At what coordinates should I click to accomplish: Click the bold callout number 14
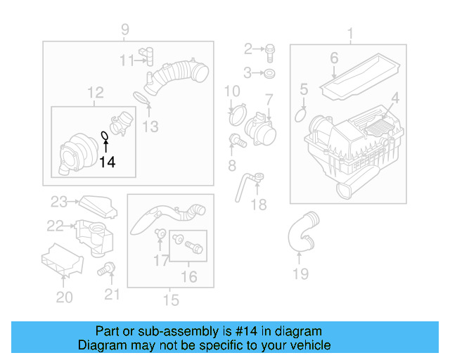pyautogui.click(x=107, y=162)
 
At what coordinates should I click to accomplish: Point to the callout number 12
pyautogui.click(x=95, y=92)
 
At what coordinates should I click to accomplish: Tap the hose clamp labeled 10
pyautogui.click(x=237, y=111)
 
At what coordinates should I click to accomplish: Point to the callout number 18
pyautogui.click(x=259, y=205)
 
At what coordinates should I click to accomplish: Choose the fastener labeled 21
pyautogui.click(x=108, y=268)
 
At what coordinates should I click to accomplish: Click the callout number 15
pyautogui.click(x=171, y=300)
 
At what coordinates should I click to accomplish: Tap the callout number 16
pyautogui.click(x=189, y=276)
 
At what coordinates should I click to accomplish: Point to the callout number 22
pyautogui.click(x=55, y=226)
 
